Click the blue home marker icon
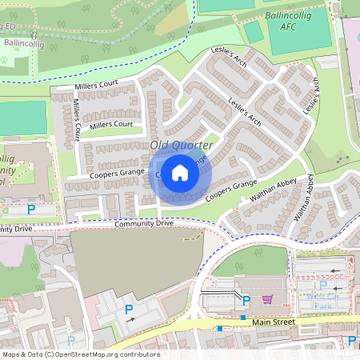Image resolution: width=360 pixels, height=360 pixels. pos(180,172)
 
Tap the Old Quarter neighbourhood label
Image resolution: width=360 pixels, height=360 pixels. pos(182,145)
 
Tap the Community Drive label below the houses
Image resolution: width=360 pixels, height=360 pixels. pos(143,223)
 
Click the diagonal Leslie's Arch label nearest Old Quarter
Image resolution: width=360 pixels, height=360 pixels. pos(246,113)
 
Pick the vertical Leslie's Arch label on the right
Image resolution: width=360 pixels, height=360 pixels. pos(311,93)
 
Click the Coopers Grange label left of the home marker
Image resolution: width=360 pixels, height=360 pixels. pos(116,172)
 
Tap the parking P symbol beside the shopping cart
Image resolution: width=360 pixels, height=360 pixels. pos(246,300)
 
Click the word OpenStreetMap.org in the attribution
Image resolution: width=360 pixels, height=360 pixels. pos(88,354)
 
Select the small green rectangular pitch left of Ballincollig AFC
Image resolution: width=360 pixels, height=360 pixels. pos(252,32)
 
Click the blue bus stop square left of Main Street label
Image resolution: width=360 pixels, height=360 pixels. pos(219,328)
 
